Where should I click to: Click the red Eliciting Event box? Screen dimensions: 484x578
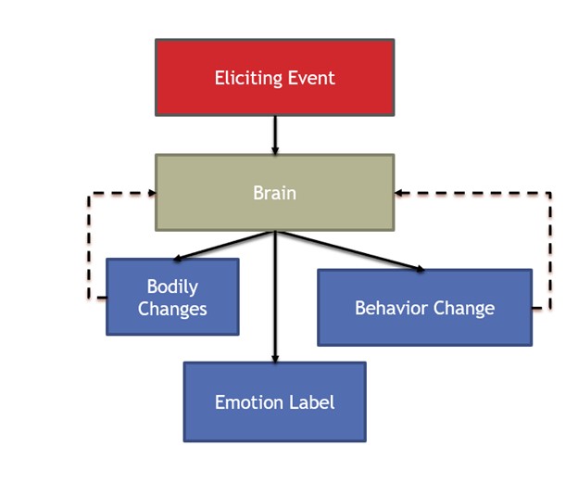(x=274, y=77)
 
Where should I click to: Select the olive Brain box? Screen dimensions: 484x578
(x=274, y=193)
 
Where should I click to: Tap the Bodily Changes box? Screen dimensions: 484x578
(x=172, y=297)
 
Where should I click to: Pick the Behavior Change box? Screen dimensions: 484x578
(x=424, y=308)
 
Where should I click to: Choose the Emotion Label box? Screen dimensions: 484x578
(x=274, y=401)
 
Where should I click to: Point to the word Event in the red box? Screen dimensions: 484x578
(x=312, y=78)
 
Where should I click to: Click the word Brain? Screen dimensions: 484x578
(x=274, y=193)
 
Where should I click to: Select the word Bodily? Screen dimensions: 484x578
(x=172, y=287)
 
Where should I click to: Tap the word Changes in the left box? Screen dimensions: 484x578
(x=172, y=309)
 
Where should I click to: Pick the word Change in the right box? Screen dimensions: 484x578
(x=465, y=308)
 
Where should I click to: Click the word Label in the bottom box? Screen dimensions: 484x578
(x=313, y=401)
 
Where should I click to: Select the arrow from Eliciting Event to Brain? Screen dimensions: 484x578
(x=274, y=134)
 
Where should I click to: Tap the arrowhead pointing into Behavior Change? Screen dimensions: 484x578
(x=420, y=269)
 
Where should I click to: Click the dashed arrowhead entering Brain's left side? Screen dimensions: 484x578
(x=149, y=193)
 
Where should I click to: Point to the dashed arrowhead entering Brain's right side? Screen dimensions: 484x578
(x=400, y=193)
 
